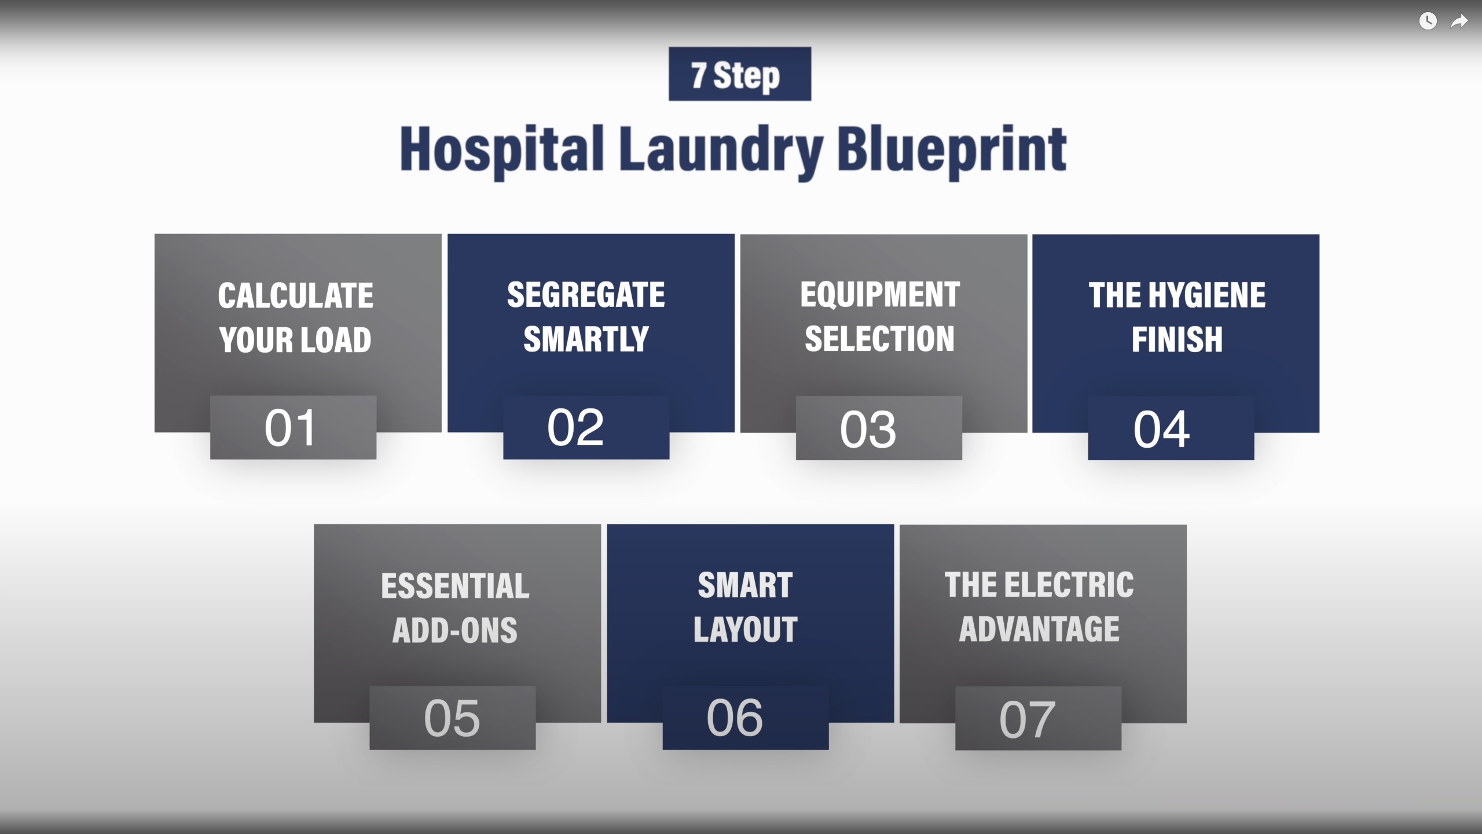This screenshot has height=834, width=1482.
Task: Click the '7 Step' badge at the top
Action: [x=740, y=74]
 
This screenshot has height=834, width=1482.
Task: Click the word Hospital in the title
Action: [x=502, y=151]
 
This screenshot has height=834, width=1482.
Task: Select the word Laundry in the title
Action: [x=721, y=152]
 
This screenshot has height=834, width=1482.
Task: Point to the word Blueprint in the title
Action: [x=952, y=152]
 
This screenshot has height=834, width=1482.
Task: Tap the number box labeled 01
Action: [x=293, y=427]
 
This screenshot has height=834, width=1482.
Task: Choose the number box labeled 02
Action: [x=586, y=427]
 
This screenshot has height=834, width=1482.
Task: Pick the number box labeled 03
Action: [x=879, y=428]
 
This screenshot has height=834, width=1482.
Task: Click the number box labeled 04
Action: [x=1171, y=428]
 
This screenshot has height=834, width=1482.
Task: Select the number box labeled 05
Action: [x=453, y=718]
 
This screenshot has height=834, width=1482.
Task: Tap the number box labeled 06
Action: [x=746, y=718]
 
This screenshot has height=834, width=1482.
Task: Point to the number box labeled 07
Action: [x=1039, y=718]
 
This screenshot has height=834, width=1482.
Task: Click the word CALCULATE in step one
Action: [x=296, y=295]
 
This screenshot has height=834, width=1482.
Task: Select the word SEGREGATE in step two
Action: [x=586, y=295]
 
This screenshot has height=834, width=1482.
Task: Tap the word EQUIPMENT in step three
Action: [x=880, y=295]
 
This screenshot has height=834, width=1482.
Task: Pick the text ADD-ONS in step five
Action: [x=455, y=630]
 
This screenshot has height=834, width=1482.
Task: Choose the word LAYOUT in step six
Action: [x=746, y=630]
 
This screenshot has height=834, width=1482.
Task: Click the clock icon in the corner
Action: [x=1428, y=21]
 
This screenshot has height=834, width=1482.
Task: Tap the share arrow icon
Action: [x=1459, y=21]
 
